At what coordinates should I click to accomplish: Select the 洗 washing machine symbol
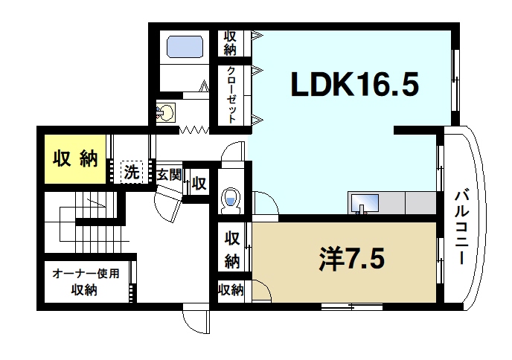(x=132, y=173)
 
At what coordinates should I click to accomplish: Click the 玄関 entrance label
(x=169, y=175)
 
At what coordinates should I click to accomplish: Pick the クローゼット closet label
(x=232, y=95)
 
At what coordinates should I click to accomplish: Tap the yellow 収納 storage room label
(x=75, y=158)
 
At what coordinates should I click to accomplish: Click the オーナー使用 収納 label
(x=85, y=281)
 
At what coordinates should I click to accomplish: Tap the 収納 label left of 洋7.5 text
(x=232, y=249)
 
